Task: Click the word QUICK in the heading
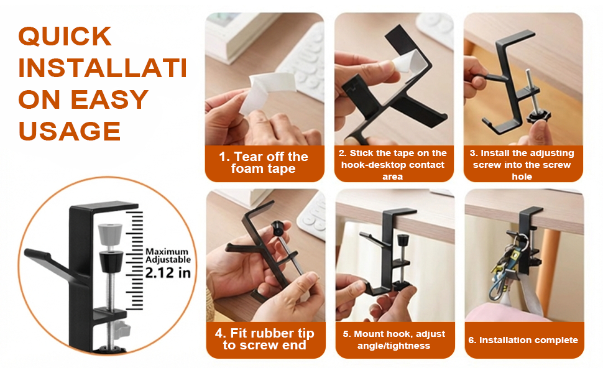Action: click(65, 37)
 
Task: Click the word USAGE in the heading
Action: click(69, 131)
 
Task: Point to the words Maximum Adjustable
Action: click(168, 256)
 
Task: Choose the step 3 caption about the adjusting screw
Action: click(523, 164)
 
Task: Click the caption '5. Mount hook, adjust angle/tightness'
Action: click(394, 339)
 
